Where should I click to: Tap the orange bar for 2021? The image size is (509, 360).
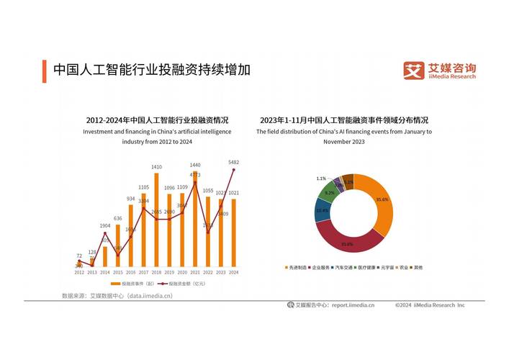195,223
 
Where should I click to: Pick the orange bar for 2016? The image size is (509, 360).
131,238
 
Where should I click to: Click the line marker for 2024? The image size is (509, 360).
233,170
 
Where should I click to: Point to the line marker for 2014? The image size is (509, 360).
105,234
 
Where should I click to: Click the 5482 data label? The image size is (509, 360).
233,162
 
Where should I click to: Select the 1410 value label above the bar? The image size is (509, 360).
157,167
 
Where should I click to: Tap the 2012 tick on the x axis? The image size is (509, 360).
79,273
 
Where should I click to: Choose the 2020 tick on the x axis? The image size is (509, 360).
182,273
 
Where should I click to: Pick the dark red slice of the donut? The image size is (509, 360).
346,239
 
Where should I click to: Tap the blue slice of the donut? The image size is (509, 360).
322,211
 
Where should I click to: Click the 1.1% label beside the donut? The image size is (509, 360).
321,178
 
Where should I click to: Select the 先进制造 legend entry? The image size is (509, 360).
297,268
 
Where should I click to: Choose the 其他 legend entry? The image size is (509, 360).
418,268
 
